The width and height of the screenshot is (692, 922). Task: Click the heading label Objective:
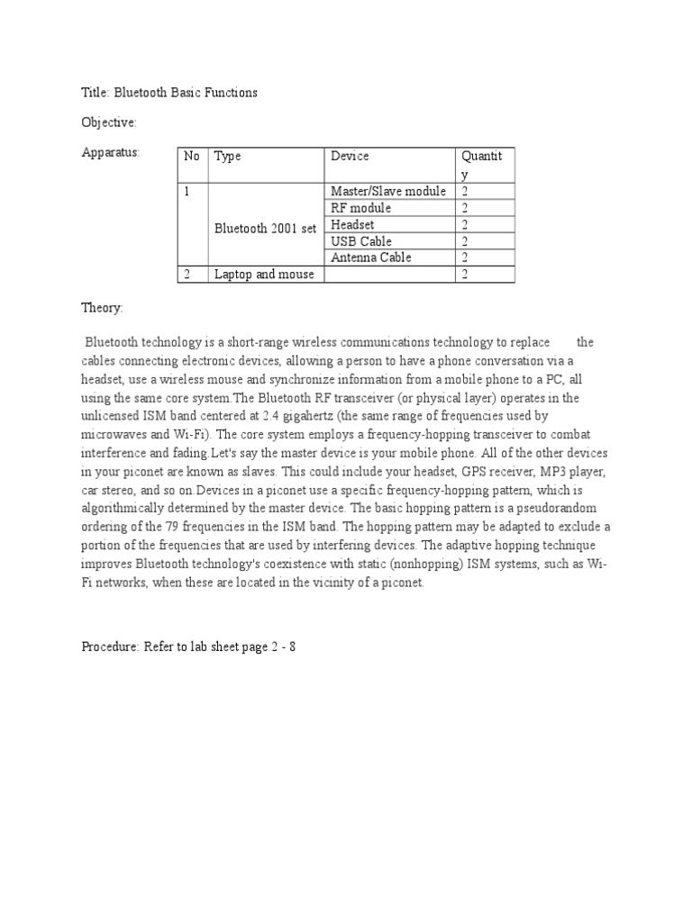coord(109,122)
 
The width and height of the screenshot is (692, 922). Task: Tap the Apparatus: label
coord(111,152)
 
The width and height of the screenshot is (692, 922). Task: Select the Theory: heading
coord(103,308)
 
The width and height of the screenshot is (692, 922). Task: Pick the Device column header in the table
coord(350,156)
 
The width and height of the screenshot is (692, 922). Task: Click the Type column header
coord(228,156)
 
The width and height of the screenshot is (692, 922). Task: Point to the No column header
coord(192,156)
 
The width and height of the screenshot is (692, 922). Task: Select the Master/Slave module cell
coord(388,191)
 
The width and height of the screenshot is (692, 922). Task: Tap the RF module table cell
coord(360,208)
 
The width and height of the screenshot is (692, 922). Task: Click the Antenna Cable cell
coord(371,258)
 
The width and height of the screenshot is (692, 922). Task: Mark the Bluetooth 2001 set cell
coord(265,228)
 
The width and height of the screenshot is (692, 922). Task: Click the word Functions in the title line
coord(230,91)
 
